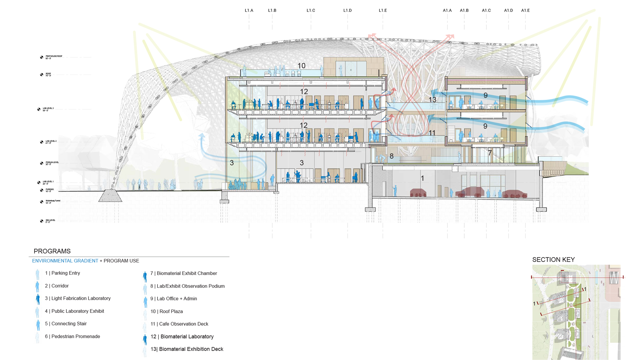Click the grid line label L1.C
[x=311, y=11]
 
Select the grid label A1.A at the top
[x=447, y=11]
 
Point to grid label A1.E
[x=525, y=11]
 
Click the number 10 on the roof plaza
[x=301, y=66]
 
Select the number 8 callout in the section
[x=391, y=156]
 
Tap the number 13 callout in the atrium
[x=432, y=100]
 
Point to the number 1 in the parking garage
[x=422, y=178]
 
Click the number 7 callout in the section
[x=490, y=153]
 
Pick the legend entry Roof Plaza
[x=166, y=311]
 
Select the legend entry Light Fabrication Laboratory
[x=78, y=298]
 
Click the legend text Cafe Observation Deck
[x=179, y=324]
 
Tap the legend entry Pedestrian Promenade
[x=72, y=336]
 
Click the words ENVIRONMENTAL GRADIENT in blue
[x=65, y=261]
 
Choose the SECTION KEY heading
[x=553, y=260]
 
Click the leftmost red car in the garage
[x=418, y=193]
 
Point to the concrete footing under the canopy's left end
[x=110, y=196]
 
